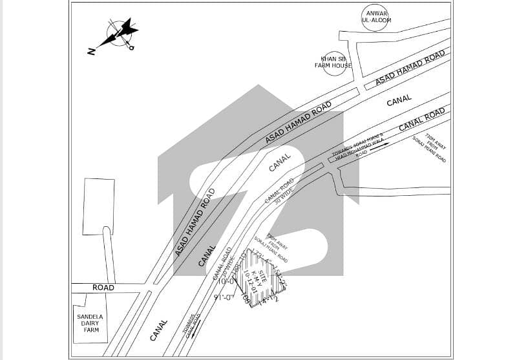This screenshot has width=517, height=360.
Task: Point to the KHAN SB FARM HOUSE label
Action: pos(333,62)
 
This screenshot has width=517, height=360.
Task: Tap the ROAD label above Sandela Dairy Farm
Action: pos(103,288)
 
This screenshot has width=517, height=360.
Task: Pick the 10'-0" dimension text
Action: pos(227,282)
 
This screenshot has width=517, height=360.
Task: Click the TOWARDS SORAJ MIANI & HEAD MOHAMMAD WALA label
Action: pos(358,146)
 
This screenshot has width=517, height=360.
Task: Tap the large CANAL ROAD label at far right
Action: pos(422,120)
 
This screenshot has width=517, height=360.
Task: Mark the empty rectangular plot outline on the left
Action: pos(98,206)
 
